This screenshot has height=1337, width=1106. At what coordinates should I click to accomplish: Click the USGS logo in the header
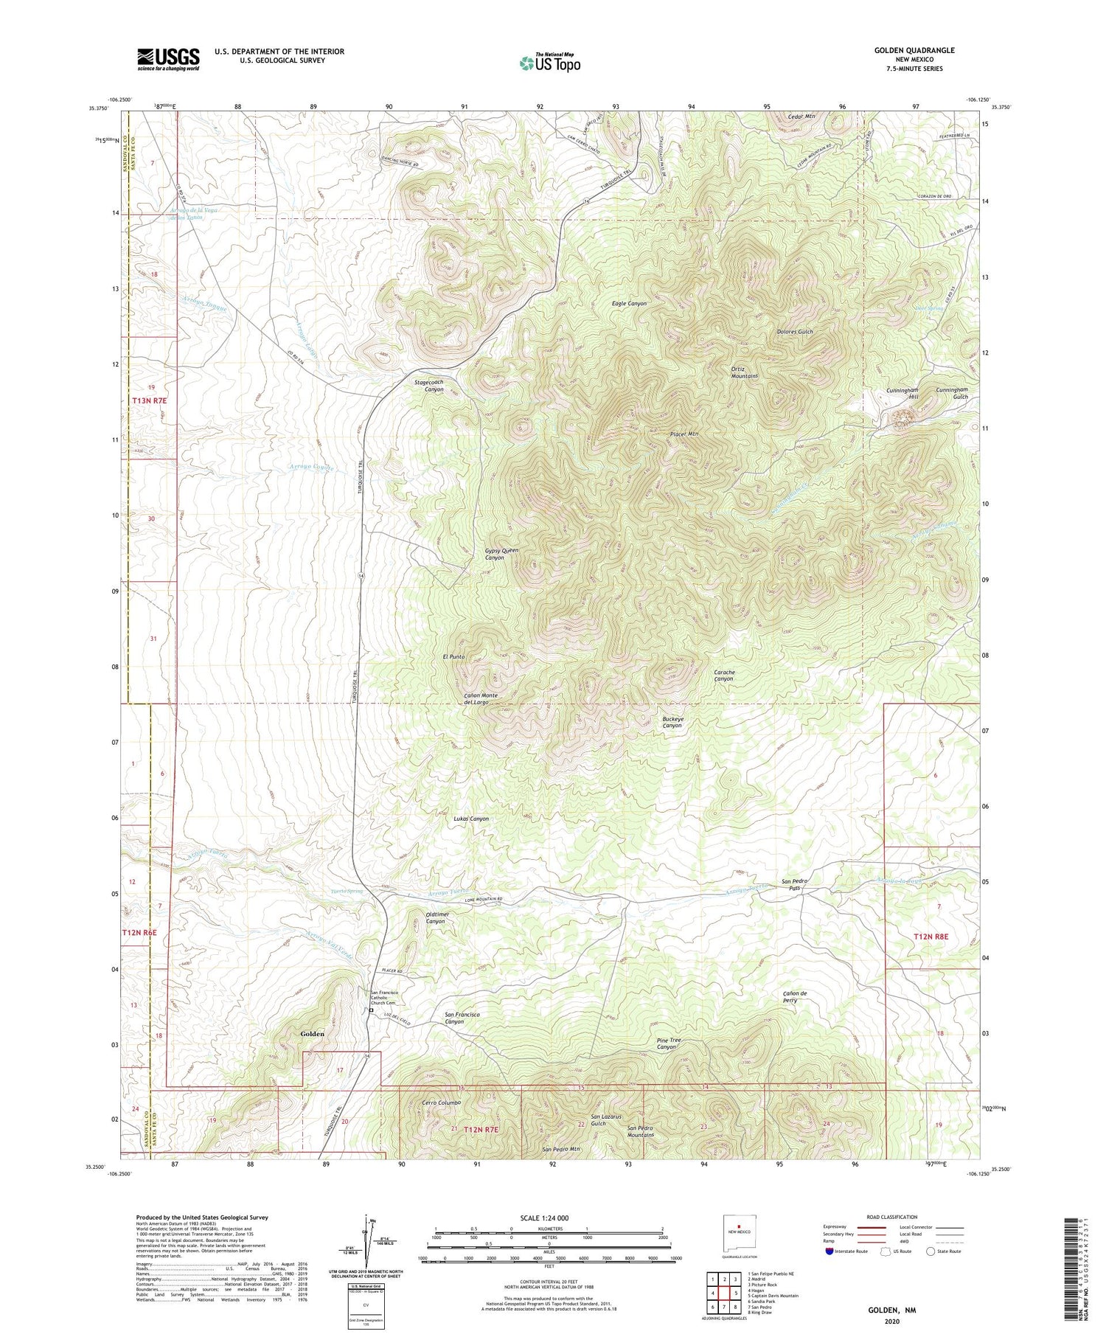[168, 59]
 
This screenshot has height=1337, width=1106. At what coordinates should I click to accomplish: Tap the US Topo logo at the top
[549, 63]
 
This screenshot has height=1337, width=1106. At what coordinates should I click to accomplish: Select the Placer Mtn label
[684, 434]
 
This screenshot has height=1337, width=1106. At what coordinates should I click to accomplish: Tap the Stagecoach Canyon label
[429, 386]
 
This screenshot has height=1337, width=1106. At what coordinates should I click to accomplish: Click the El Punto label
[453, 656]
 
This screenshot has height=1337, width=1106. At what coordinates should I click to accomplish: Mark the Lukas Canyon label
[470, 819]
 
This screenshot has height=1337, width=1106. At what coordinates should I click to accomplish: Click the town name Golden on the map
[312, 1034]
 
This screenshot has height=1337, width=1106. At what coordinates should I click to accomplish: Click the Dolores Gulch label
[794, 332]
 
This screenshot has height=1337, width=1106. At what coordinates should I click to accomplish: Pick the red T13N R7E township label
[150, 400]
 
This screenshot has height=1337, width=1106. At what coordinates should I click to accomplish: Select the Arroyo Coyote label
[311, 468]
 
